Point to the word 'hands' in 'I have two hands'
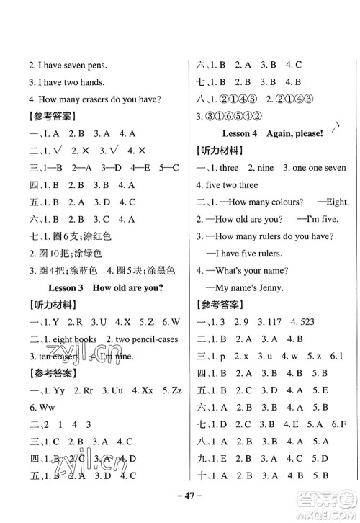[x=89, y=82]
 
